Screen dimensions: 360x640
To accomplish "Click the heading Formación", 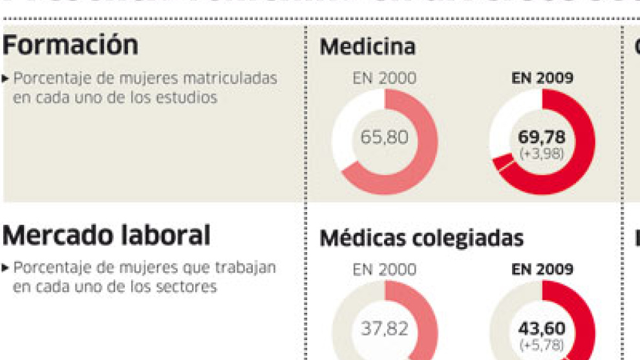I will (70, 46).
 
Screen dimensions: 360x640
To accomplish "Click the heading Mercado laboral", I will (106, 236).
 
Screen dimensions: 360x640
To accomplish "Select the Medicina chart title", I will (367, 47).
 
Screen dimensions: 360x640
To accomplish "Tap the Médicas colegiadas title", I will (421, 238).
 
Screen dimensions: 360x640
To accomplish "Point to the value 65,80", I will (384, 138).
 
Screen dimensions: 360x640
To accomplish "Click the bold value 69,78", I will (542, 137).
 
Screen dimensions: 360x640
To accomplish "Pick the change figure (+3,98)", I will (542, 153).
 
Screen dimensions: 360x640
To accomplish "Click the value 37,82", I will (384, 329).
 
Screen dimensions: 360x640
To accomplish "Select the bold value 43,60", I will (542, 329).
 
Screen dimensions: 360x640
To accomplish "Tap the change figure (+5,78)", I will (542, 344).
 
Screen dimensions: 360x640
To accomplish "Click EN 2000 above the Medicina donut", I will (384, 78).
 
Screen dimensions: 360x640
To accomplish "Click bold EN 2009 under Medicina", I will (542, 78).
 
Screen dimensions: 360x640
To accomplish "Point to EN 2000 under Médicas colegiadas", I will (384, 270).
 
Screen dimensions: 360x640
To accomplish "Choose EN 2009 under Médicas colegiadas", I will (542, 270).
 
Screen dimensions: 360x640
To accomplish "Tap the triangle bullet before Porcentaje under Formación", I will (6, 79).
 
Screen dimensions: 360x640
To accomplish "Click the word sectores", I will (185, 286).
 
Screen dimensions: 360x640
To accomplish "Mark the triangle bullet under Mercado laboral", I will (6, 268).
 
